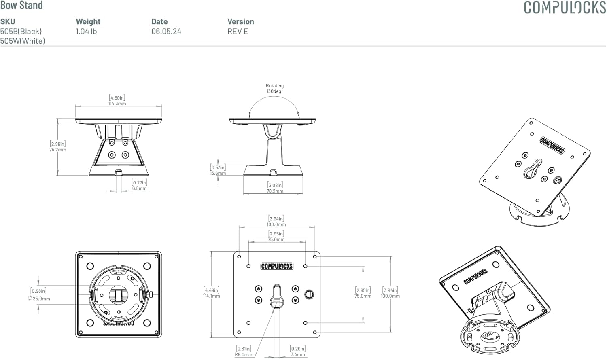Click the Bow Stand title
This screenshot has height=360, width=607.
click(21, 5)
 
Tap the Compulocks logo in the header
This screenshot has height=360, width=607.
click(565, 7)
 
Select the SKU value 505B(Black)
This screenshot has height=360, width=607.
click(21, 31)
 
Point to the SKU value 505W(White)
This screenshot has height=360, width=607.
click(23, 41)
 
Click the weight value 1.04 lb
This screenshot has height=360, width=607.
click(86, 31)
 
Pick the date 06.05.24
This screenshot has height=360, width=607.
click(166, 31)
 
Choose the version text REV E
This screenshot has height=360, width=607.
click(238, 31)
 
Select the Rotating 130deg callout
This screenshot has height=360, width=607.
click(275, 89)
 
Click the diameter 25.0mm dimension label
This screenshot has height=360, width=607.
click(39, 299)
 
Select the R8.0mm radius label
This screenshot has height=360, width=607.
click(244, 354)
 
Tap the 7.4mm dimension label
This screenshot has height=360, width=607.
click(297, 354)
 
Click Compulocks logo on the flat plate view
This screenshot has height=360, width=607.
click(277, 266)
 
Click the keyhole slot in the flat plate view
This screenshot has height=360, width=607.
click(276, 295)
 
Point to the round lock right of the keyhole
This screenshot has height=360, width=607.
click(309, 294)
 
